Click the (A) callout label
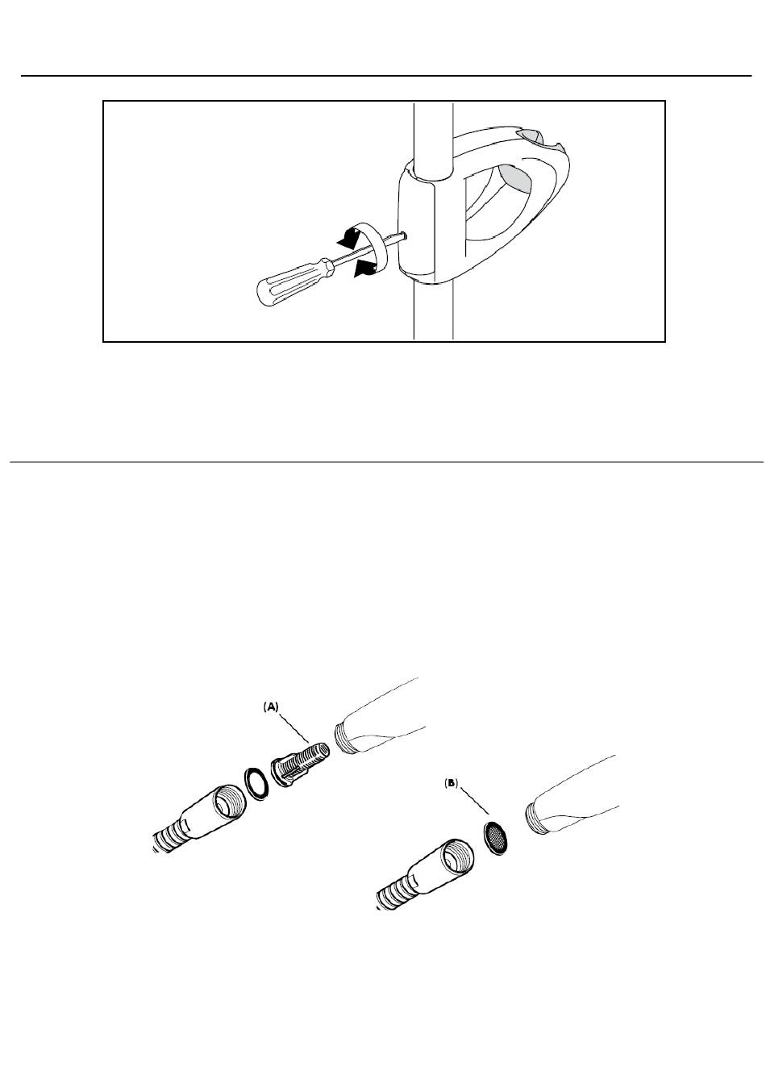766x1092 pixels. click(x=271, y=707)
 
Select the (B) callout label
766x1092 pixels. click(x=451, y=783)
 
